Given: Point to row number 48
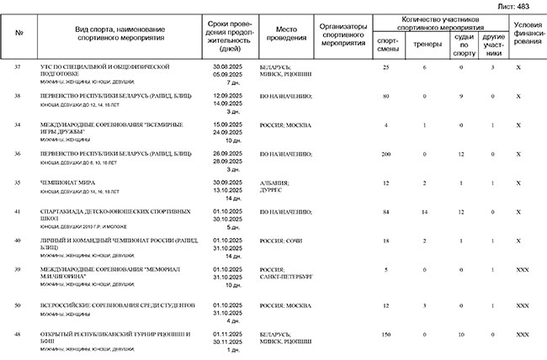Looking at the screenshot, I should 18,335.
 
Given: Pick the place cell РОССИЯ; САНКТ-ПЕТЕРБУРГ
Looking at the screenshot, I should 285,273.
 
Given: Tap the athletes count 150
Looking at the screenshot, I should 386,335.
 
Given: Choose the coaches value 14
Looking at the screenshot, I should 424,213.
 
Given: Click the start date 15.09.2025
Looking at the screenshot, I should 228,124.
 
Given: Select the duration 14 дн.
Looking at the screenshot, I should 232,199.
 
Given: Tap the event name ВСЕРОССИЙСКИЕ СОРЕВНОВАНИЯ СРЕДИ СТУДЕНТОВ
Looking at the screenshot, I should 111,304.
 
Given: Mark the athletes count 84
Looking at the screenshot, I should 386,213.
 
